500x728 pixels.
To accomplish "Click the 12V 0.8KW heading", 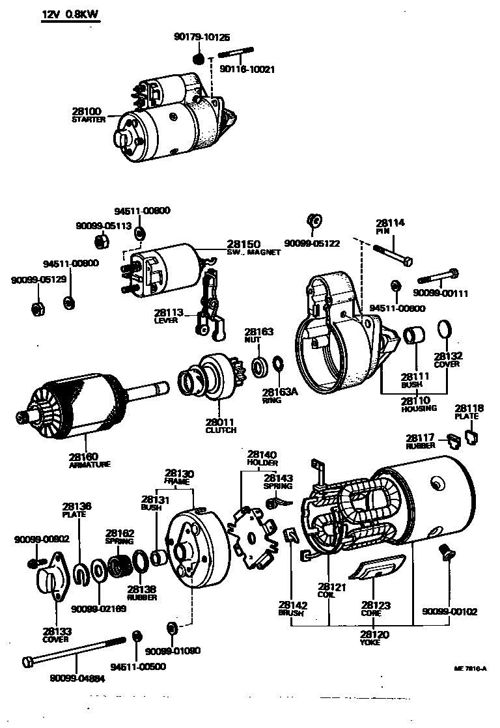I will click(x=70, y=14).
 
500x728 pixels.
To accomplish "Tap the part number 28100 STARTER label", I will click(x=89, y=116).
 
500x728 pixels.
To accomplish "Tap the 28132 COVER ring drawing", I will click(x=443, y=330).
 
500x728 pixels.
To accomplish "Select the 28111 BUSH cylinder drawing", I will click(x=414, y=337).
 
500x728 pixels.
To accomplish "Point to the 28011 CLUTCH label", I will click(x=221, y=426).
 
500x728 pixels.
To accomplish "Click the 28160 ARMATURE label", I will click(x=89, y=460).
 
